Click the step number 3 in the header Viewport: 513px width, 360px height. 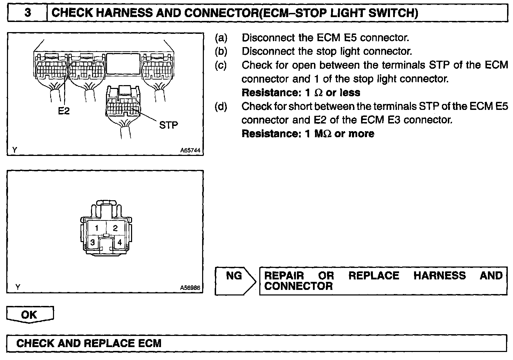[28, 13]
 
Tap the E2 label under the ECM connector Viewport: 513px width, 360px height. [64, 111]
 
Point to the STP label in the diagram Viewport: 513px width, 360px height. [169, 125]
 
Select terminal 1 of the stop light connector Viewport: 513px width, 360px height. [97, 228]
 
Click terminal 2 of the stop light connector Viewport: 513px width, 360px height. [115, 228]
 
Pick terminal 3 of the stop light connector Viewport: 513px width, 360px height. [92, 242]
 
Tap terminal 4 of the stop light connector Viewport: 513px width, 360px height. [120, 242]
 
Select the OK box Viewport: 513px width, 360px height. [29, 315]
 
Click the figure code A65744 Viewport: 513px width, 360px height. [190, 150]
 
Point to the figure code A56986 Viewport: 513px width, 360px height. [190, 288]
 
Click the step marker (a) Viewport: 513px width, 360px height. [221, 38]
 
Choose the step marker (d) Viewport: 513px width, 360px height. [221, 106]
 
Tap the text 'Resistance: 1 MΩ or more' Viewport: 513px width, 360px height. [308, 134]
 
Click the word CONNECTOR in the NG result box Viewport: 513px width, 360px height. [298, 286]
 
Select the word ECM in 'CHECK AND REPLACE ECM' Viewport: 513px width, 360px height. [150, 343]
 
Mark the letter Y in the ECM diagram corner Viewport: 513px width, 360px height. [15, 150]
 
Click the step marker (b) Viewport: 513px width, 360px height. [221, 51]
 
